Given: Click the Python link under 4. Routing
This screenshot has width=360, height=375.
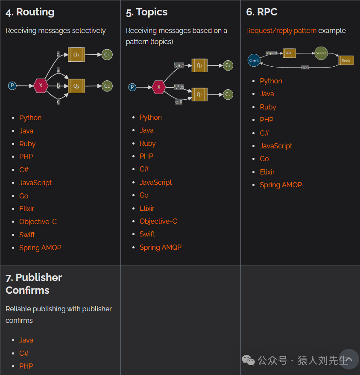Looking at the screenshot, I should [30, 118].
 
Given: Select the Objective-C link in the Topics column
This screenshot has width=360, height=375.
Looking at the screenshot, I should [158, 221].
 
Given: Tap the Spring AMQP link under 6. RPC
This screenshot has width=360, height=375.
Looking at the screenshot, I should [281, 185].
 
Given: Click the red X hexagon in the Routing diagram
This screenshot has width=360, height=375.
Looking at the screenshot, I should [41, 86].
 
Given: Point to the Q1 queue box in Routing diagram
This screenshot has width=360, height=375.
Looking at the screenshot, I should [76, 55].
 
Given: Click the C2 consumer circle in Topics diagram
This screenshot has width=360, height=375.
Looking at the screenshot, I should [228, 94].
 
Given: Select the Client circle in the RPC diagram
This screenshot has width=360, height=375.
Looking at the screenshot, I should [254, 60].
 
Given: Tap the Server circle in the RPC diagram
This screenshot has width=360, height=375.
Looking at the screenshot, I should [321, 53].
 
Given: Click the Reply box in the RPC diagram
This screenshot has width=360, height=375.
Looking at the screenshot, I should [346, 60].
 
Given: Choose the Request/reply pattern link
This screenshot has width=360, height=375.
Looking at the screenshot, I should [281, 30].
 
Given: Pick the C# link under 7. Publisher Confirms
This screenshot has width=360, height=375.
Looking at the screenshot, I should [24, 353].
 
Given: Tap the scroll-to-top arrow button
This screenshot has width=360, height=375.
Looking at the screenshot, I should [348, 359].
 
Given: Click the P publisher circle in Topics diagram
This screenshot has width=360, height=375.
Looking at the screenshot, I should [132, 87].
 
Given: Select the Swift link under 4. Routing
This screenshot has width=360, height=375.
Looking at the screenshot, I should [27, 235].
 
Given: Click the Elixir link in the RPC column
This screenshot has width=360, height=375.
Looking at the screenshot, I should [267, 172].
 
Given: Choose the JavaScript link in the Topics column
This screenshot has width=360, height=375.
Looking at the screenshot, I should [155, 182].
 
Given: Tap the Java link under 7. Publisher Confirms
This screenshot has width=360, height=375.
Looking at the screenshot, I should [26, 340].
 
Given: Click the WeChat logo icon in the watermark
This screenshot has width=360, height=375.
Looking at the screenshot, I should [248, 360].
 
